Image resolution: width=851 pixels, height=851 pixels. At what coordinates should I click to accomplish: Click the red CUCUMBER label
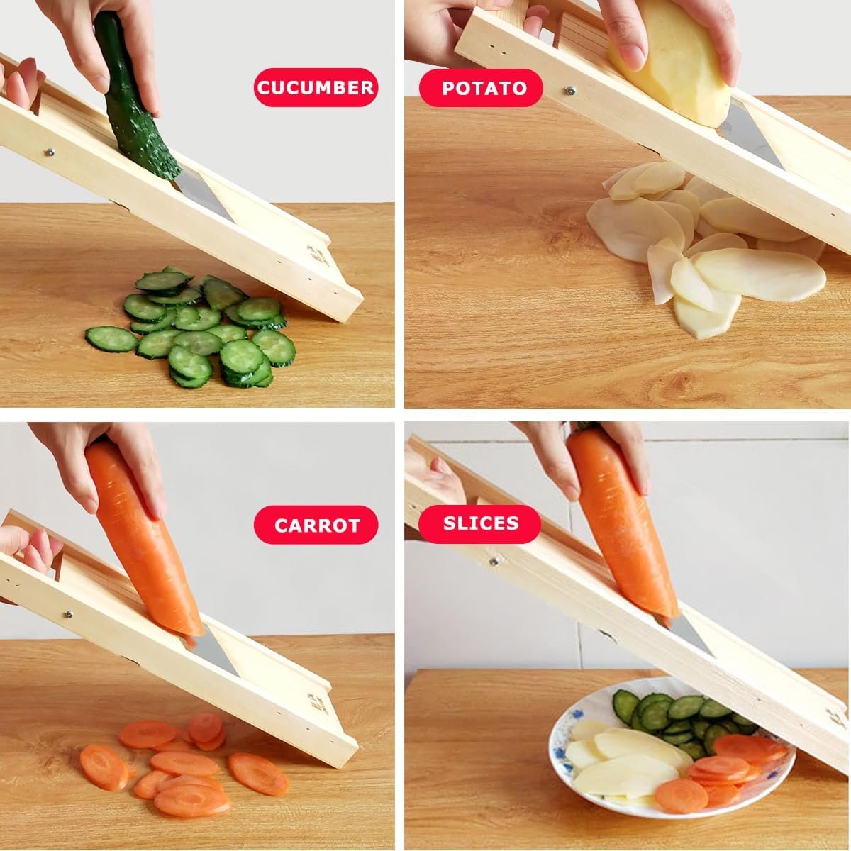pos(316,87)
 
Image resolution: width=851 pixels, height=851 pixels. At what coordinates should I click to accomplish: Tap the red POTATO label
pos(481,88)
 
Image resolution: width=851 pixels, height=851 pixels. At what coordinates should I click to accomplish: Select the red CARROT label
pos(316,525)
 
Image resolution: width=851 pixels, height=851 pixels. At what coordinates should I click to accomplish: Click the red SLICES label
pos(480,523)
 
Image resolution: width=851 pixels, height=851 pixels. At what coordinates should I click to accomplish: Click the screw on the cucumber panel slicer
pos(50,152)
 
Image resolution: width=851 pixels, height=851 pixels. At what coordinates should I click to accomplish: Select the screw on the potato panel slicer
pos(571,91)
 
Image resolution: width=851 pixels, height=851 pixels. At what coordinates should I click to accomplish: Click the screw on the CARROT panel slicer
pos(68,614)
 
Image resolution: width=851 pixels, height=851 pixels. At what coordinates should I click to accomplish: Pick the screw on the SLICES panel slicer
pos(494,562)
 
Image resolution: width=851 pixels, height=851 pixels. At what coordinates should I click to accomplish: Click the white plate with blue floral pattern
pos(672,760)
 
